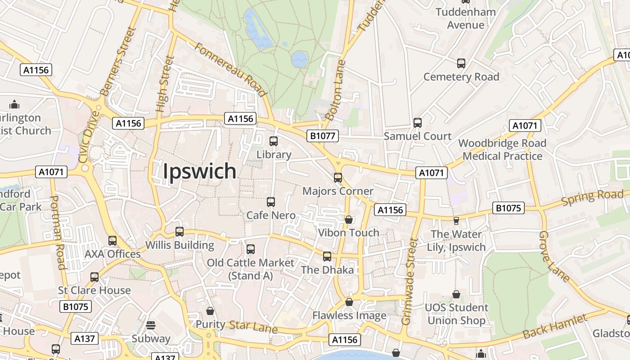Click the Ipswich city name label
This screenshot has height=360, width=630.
[x=199, y=171]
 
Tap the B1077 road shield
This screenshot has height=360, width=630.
[x=323, y=135]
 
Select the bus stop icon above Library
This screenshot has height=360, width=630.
[x=274, y=141]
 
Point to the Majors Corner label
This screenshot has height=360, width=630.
[x=337, y=191]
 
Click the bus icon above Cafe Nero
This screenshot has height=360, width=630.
[x=271, y=202]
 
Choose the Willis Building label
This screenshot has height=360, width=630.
[x=180, y=245]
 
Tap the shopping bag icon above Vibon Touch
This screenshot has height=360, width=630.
[x=348, y=220]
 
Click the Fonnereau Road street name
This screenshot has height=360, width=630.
[x=229, y=69]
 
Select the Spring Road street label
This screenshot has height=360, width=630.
[x=593, y=198]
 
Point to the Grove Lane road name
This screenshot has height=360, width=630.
[x=554, y=256]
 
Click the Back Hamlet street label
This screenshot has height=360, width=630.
[x=555, y=327]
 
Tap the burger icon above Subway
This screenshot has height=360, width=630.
[x=151, y=325]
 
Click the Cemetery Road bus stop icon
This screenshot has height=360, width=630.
[x=461, y=63]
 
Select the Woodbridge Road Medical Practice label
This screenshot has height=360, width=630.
[x=502, y=150]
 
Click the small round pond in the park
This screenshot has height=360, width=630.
[x=299, y=59]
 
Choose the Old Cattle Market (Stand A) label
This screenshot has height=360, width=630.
[x=250, y=269]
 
